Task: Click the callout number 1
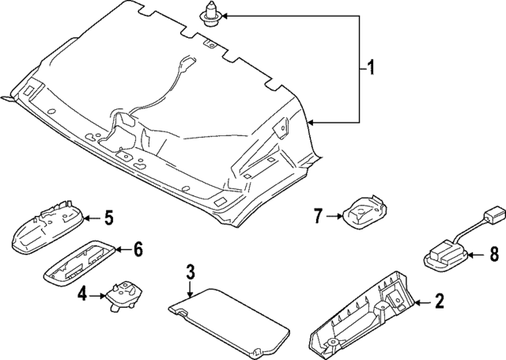(366, 69)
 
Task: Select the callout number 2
(439, 302)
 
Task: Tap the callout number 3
(190, 274)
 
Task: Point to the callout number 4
(82, 295)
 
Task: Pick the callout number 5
(109, 216)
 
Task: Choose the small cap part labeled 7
(363, 210)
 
